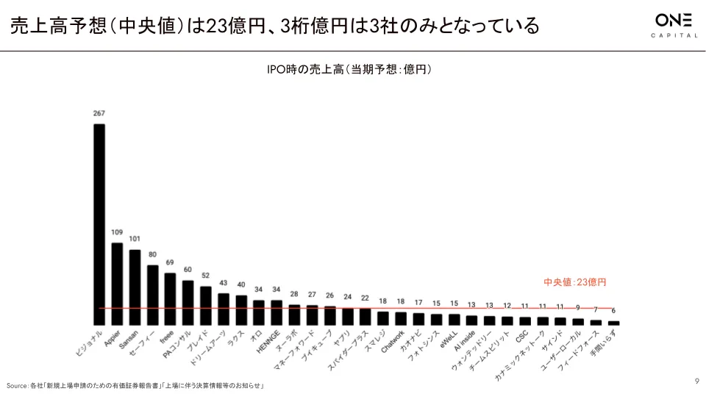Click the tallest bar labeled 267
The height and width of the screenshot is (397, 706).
(99, 224)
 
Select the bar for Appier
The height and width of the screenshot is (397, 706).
(116, 284)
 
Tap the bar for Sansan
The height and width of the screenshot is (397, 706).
(135, 287)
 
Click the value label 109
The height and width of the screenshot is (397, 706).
(116, 232)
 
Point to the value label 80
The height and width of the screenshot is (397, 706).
(152, 254)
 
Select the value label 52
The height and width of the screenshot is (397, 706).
(205, 276)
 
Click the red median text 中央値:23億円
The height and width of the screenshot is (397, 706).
(574, 282)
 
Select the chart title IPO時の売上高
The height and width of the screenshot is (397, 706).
(349, 70)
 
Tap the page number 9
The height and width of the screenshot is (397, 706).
(696, 380)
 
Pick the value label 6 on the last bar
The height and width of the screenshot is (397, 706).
(614, 310)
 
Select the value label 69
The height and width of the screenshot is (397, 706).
(170, 262)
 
